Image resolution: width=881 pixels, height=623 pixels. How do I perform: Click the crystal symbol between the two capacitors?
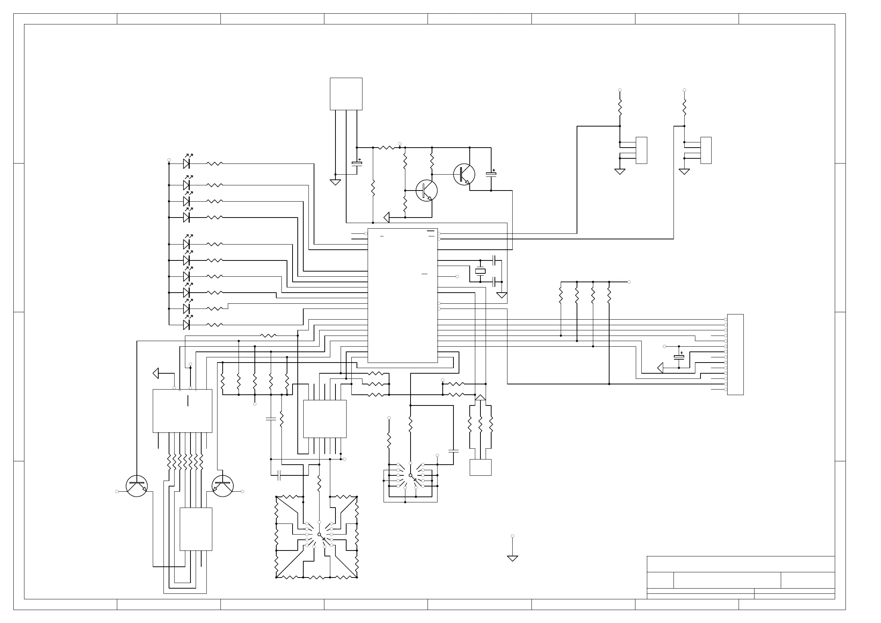click(x=480, y=271)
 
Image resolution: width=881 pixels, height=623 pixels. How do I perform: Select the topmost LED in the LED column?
click(x=186, y=164)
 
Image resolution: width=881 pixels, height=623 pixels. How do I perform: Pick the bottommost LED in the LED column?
click(x=186, y=325)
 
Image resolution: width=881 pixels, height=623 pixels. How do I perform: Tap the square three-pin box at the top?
click(x=346, y=94)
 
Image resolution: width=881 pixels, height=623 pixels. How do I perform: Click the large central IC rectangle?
click(x=402, y=296)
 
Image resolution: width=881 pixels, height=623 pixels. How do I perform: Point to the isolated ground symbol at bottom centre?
click(x=512, y=558)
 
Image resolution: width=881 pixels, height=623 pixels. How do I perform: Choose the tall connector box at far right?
click(x=735, y=354)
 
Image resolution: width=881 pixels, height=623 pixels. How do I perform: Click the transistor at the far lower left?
click(x=136, y=486)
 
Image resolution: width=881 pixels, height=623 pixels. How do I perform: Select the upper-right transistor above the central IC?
click(x=464, y=174)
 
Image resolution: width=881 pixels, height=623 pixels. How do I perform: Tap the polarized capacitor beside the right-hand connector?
click(x=679, y=357)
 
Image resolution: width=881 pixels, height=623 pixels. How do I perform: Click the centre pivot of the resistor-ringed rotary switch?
click(x=319, y=534)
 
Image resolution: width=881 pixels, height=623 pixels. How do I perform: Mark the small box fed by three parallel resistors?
click(x=480, y=467)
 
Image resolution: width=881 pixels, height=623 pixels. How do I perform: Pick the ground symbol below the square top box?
click(x=335, y=182)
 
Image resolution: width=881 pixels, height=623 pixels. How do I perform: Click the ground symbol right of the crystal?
click(x=502, y=296)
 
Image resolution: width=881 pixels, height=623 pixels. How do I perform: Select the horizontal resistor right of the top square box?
click(x=386, y=147)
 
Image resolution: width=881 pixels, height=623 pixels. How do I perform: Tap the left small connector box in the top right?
click(x=641, y=150)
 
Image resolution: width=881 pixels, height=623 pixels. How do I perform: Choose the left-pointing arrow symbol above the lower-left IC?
click(x=156, y=373)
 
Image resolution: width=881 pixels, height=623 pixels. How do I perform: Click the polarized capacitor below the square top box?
click(x=357, y=164)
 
